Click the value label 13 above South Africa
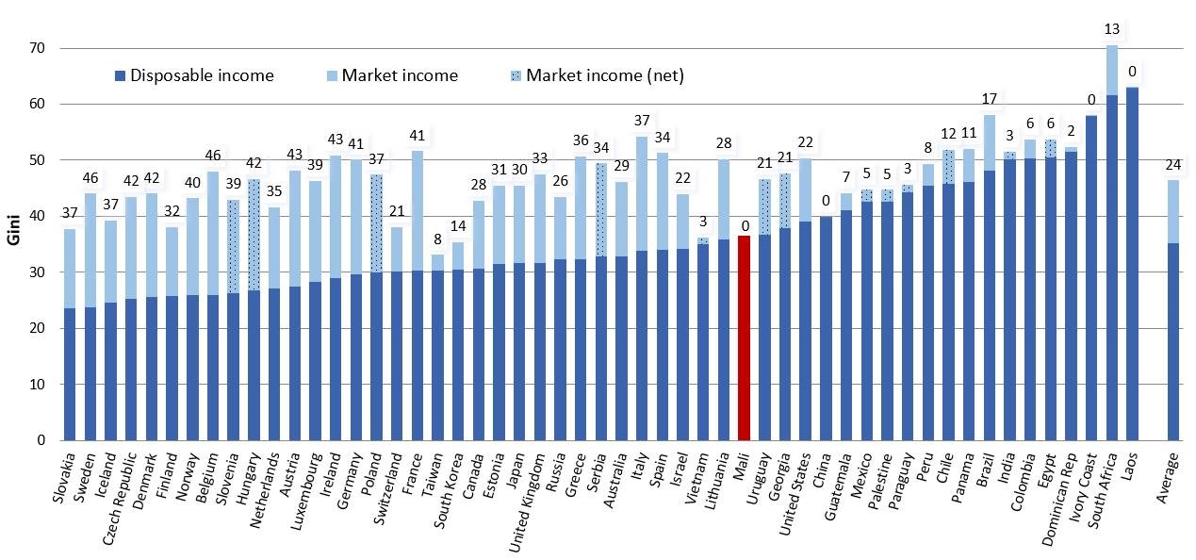pos(1113,29)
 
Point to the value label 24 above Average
pos(1173,163)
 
